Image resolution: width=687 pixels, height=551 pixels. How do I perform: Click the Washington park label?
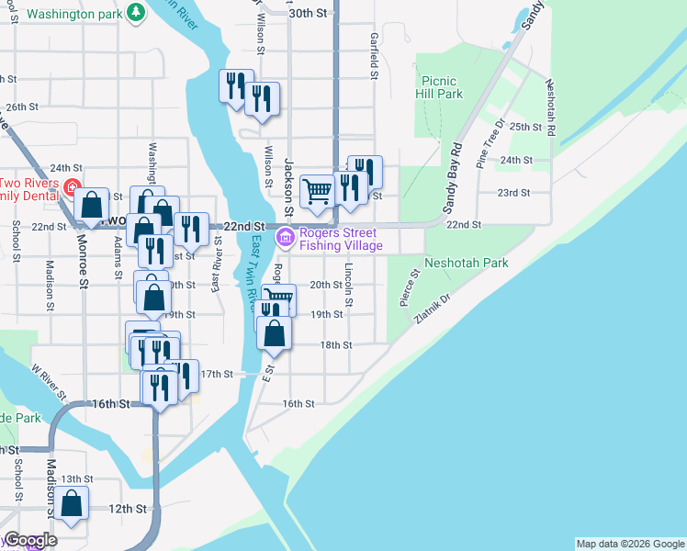pos(73,14)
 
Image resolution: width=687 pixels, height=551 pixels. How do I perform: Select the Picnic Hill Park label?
pos(439,87)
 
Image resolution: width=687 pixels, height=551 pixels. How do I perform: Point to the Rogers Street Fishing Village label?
pos(340,239)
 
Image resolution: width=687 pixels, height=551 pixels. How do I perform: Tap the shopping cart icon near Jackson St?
pos(317,192)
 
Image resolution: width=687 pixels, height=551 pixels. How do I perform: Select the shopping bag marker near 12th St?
pos(72,504)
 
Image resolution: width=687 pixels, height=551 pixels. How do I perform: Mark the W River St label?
pos(51,381)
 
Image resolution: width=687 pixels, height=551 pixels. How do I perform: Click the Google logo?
pos(30,540)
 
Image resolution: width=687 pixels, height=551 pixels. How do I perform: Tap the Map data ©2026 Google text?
pos(630,544)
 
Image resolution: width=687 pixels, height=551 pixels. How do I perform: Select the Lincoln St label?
pos(349,286)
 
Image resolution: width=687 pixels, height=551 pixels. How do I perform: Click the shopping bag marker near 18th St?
pos(275,332)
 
